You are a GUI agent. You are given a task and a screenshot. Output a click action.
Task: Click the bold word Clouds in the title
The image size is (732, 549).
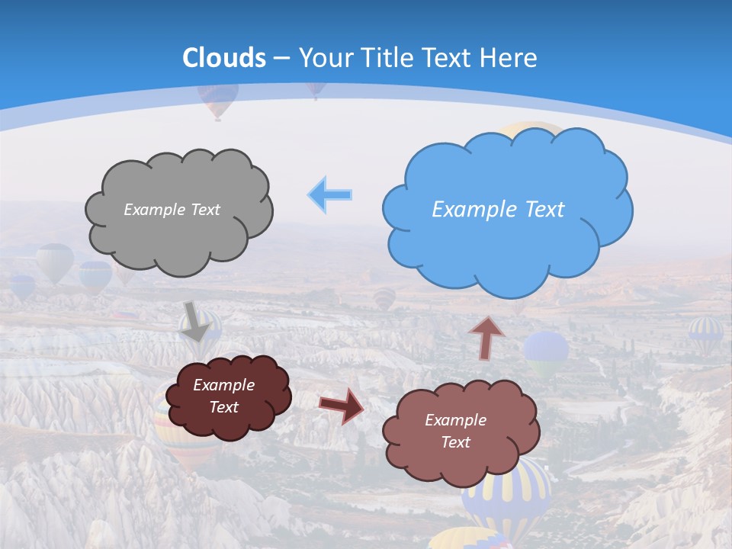(224, 58)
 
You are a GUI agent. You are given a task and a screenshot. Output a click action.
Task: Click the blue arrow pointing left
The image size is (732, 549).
(330, 195)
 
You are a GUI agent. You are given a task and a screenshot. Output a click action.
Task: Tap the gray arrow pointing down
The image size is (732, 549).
(196, 321)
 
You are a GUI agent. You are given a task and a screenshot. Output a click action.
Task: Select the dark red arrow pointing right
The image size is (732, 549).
(342, 405)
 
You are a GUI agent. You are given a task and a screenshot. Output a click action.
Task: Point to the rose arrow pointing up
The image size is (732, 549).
(486, 337)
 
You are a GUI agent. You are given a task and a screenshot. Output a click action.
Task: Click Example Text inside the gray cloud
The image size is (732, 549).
(172, 210)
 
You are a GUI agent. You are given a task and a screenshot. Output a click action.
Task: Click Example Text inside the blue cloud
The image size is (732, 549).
(498, 210)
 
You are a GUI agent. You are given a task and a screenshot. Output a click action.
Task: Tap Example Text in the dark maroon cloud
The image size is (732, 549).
(224, 396)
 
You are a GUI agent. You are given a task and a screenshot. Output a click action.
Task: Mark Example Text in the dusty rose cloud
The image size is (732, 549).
(455, 431)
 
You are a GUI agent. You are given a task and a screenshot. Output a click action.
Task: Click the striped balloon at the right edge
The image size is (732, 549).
(705, 334)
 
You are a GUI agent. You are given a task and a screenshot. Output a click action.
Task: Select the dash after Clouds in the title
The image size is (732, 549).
(282, 58)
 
